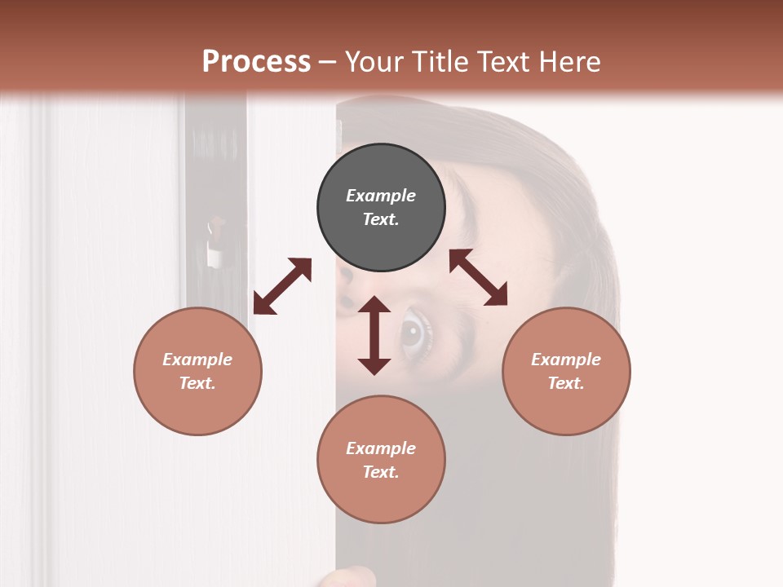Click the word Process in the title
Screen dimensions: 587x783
pyautogui.click(x=256, y=61)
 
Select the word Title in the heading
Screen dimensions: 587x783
pyautogui.click(x=436, y=61)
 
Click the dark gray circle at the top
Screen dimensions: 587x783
pyautogui.click(x=381, y=208)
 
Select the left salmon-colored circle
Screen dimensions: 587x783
pyautogui.click(x=197, y=371)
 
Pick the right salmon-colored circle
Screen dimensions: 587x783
pyautogui.click(x=566, y=371)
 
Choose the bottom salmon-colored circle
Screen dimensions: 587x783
pyautogui.click(x=381, y=459)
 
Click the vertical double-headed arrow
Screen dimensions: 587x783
pyautogui.click(x=374, y=335)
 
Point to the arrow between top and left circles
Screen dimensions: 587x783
pyautogui.click(x=282, y=286)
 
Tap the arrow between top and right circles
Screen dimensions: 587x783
pyautogui.click(x=479, y=277)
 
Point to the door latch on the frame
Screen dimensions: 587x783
pyautogui.click(x=215, y=245)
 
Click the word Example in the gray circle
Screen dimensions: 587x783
pyautogui.click(x=381, y=196)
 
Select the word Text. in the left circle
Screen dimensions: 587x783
pyautogui.click(x=197, y=383)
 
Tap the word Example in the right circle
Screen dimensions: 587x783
pyautogui.click(x=566, y=360)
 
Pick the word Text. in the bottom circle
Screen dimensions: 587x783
pyautogui.click(x=381, y=472)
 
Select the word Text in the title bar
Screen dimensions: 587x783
pyautogui.click(x=502, y=61)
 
